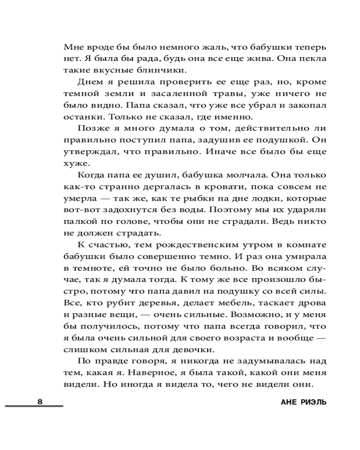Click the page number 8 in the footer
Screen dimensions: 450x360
[40, 401]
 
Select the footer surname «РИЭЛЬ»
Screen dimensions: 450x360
[312, 402]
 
